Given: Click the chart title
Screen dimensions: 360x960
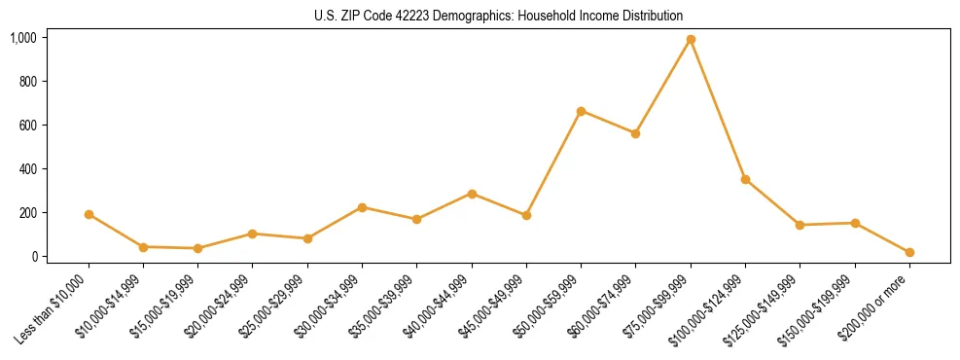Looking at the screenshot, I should pos(499,16).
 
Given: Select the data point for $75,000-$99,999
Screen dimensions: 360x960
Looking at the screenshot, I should pos(691,40).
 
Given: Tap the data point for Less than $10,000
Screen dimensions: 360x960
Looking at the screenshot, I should pos(89,214).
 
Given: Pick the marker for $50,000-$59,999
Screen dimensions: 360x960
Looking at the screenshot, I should pos(581,111).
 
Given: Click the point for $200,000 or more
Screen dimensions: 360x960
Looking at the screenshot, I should pos(909,252).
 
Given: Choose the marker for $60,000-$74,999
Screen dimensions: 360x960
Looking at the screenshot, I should pos(635,133).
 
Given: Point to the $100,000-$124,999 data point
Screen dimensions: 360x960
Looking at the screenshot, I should pos(745,179).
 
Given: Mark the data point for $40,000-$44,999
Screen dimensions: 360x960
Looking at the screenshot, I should pos(472,194).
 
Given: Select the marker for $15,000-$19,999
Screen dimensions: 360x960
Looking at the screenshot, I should pos(197,248).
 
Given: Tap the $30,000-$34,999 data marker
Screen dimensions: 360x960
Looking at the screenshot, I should pos(362,207).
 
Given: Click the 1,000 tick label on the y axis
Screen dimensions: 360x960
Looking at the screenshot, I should pos(23,38).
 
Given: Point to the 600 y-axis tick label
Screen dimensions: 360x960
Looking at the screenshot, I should pos(28,126).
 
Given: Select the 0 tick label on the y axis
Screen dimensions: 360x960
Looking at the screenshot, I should pos(34,257).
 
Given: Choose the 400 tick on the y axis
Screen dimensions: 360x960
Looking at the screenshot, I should pos(28,169).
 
